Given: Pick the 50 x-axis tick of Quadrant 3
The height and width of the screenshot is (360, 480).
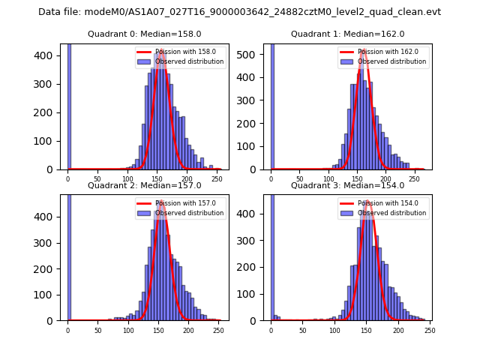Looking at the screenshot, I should (x=302, y=330).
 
